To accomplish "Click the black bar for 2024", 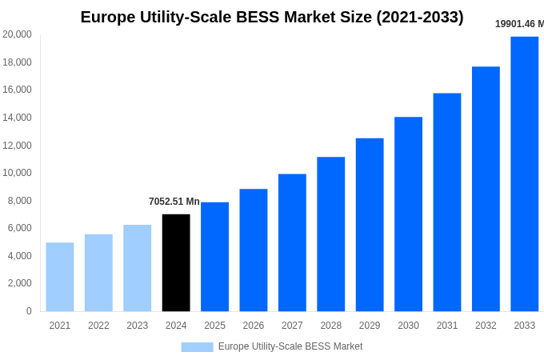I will [176, 262].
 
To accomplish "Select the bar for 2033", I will [524, 174].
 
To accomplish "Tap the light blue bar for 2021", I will [60, 277].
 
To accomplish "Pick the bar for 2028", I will [330, 234].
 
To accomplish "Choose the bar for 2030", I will [408, 214].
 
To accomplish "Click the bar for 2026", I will [254, 250].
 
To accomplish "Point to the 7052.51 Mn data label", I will [174, 202].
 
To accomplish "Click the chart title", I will [272, 17].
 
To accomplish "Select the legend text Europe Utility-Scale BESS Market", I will [290, 346].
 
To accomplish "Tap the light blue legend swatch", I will [197, 346].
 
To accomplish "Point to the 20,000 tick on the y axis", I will [18, 34].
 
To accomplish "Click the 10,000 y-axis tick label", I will [18, 173].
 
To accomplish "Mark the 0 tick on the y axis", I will [29, 311].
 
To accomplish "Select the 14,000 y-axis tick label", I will [18, 118].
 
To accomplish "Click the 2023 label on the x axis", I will [138, 326].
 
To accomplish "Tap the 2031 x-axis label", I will [447, 326].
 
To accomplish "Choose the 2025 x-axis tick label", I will [214, 326].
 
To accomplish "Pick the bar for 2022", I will [98, 273].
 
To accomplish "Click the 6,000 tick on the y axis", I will [20, 228].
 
